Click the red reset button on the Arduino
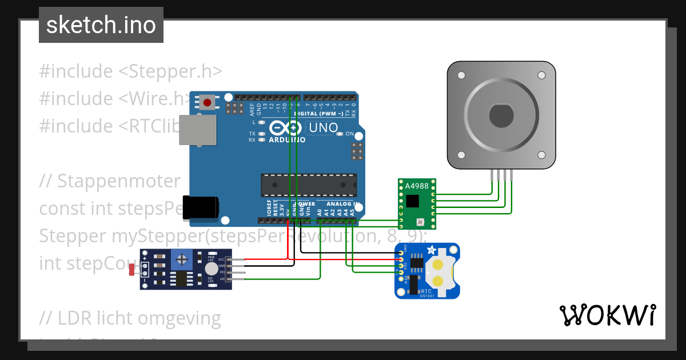click(207, 103)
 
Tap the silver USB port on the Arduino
click(198, 129)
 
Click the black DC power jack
click(200, 206)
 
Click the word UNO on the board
click(324, 128)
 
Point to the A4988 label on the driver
click(417, 186)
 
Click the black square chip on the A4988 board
click(412, 201)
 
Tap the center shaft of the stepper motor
click(501, 117)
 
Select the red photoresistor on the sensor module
click(133, 270)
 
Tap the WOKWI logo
click(607, 315)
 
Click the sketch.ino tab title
click(101, 25)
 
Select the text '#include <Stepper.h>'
click(130, 71)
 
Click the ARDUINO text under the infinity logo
click(286, 140)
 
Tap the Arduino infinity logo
click(286, 128)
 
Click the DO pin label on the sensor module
click(222, 272)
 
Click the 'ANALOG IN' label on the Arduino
click(343, 204)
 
